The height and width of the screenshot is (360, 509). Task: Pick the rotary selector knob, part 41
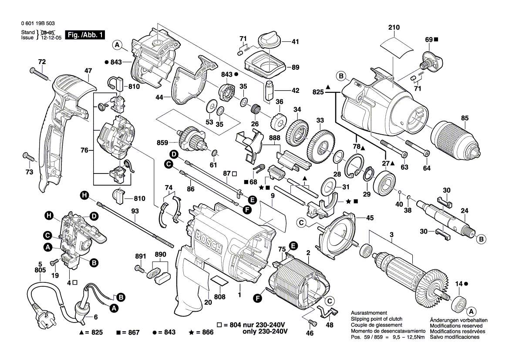[x=269, y=40]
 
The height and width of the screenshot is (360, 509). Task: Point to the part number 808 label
[x=220, y=297]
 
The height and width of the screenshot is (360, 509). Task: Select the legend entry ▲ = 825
[x=91, y=332]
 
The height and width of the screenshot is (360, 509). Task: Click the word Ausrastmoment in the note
[x=368, y=314]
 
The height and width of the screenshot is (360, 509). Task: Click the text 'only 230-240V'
[x=264, y=332]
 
